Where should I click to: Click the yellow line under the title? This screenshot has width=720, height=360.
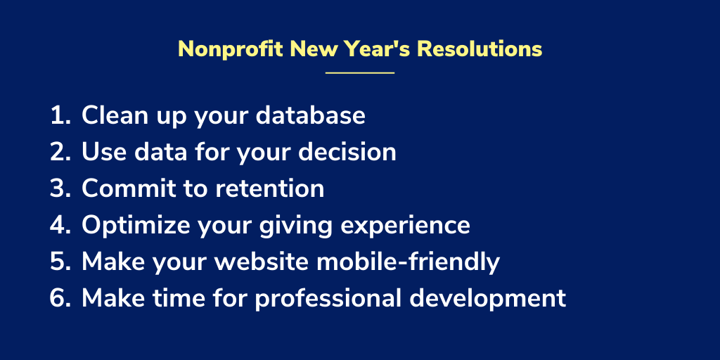click(x=360, y=72)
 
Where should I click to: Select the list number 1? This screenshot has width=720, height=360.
click(x=60, y=116)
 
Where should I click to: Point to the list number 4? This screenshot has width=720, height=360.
click(x=60, y=226)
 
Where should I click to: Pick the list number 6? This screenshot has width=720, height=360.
click(x=60, y=298)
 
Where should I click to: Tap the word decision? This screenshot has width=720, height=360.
click(x=347, y=152)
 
